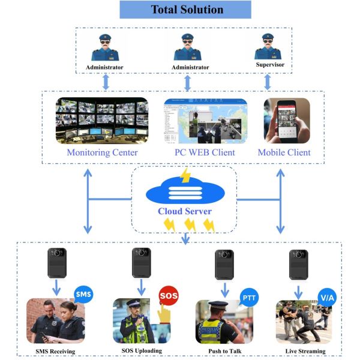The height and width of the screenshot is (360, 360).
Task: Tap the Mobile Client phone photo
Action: [286, 121]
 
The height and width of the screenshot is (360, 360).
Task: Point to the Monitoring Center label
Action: [102, 152]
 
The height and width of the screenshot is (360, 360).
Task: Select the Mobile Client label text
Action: [284, 152]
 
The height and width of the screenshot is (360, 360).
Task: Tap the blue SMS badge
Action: [83, 295]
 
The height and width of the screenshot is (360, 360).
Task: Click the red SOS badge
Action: [167, 295]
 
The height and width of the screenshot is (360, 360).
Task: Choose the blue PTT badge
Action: [248, 296]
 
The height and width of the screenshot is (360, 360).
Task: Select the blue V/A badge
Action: [326, 296]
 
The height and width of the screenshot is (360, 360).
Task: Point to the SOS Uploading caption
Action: [139, 351]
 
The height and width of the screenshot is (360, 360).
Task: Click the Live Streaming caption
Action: [305, 351]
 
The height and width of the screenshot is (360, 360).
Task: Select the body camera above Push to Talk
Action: [224, 264]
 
